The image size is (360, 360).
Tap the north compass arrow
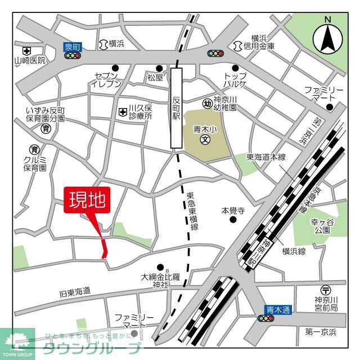click(x=327, y=37)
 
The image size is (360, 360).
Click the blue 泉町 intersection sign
click(x=73, y=47)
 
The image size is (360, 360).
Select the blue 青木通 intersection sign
click(x=278, y=309)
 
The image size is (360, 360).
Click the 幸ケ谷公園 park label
click(x=322, y=227)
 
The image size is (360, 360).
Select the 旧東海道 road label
click(x=75, y=292)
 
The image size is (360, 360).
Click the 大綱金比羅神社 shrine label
click(x=161, y=281)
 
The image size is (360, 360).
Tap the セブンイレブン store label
click(x=105, y=80)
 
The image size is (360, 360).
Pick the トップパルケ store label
click(x=235, y=80)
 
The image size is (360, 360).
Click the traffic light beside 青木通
click(x=264, y=318)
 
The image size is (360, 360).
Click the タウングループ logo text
click(x=92, y=347)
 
